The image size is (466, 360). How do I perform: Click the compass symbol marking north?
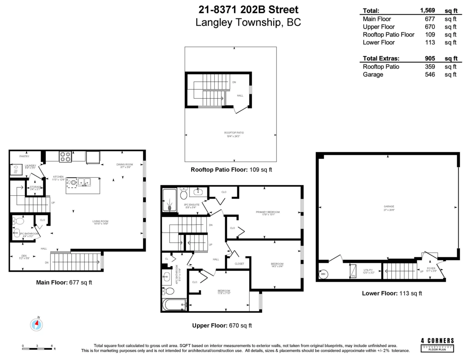point(37,324)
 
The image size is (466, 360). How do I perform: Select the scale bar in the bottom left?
point(37,348)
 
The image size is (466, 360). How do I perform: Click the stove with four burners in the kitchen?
point(65,156)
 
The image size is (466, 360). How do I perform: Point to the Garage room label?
point(388,206)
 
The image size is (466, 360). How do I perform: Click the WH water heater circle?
point(323,274)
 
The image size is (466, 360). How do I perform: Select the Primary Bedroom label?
point(268,212)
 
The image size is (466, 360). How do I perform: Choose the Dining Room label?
point(125,164)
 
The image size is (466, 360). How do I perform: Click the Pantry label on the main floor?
point(24,156)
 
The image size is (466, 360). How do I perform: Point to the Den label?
point(24,256)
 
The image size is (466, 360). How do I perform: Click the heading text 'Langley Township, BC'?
point(248,23)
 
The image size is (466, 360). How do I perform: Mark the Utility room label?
point(368,270)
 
